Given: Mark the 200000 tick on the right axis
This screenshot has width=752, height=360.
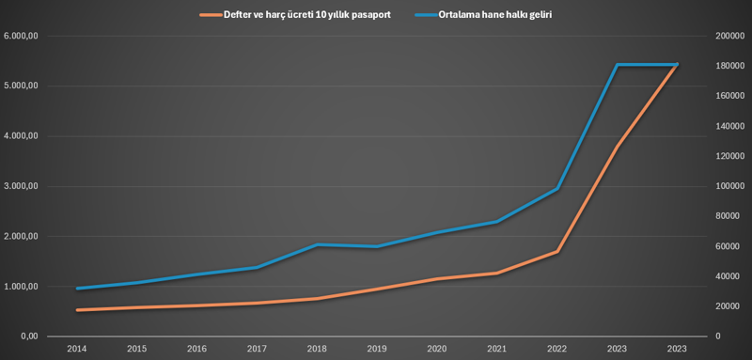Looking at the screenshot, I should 728,37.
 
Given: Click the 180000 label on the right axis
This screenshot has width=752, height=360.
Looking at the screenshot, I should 728,67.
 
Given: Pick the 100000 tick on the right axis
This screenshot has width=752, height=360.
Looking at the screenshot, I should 728,186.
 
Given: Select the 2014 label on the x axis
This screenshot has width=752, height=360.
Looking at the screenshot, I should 76,349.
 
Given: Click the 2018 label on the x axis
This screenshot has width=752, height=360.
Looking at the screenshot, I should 317,349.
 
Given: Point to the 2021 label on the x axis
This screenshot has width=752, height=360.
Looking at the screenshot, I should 497,349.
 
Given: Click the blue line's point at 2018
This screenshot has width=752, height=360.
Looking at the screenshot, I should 317,244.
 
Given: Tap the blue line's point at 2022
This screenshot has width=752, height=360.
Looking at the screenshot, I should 557,189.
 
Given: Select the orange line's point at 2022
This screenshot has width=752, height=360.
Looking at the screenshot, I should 557,252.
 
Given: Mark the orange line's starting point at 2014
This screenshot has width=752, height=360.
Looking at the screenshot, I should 76,309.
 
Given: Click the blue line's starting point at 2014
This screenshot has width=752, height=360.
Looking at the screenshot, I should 76,289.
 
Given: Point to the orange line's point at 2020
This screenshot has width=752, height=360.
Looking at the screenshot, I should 437,278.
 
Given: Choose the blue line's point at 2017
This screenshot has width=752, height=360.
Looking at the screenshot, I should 257,268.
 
